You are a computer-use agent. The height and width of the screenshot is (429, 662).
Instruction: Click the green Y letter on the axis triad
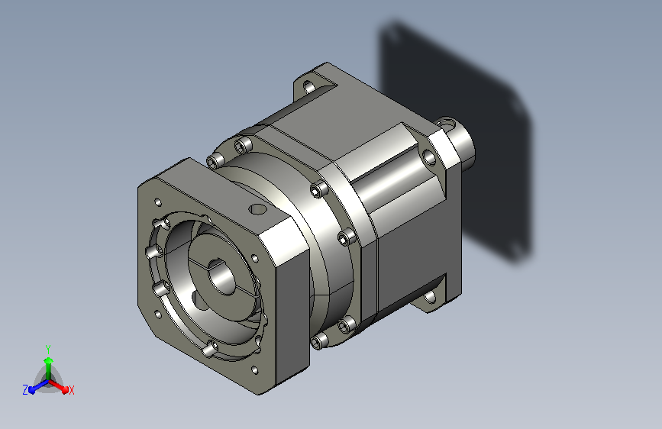[x=48, y=350]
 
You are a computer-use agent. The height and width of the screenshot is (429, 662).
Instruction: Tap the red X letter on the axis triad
[x=71, y=391]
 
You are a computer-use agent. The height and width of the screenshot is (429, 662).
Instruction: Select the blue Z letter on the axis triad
[x=25, y=390]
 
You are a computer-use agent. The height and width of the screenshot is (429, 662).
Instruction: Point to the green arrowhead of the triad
[x=49, y=360]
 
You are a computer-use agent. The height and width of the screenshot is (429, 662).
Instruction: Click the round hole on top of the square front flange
[x=257, y=209]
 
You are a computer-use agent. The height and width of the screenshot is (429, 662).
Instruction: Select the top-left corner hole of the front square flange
[x=159, y=202]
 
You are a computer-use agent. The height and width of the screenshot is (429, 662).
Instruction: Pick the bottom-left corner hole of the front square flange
[x=158, y=314]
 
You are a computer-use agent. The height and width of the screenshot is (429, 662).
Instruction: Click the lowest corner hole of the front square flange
[x=254, y=370]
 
